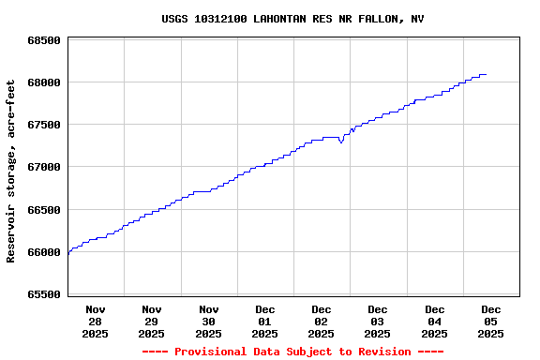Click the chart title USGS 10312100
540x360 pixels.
point(292,19)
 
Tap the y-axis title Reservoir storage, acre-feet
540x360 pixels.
point(11,171)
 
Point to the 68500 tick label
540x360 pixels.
point(43,40)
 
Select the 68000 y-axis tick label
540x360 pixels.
point(43,82)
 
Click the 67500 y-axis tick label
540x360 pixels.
point(43,125)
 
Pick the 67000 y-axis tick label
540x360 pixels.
point(43,167)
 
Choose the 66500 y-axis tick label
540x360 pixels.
point(43,210)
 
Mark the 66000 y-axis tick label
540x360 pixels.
point(43,252)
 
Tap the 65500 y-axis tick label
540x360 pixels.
point(43,294)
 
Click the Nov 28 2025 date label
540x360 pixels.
point(96,321)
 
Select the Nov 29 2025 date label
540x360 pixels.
point(152,321)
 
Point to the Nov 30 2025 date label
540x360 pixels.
point(208,321)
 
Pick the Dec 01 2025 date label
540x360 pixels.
point(265,321)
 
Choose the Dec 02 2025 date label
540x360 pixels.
point(322,321)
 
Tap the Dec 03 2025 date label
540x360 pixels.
point(378,321)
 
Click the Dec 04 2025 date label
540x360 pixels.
point(434,321)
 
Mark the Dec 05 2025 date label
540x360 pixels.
point(490,321)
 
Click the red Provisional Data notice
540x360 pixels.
point(292,352)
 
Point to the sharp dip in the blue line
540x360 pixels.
point(341,142)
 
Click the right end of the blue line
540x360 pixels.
point(486,74)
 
